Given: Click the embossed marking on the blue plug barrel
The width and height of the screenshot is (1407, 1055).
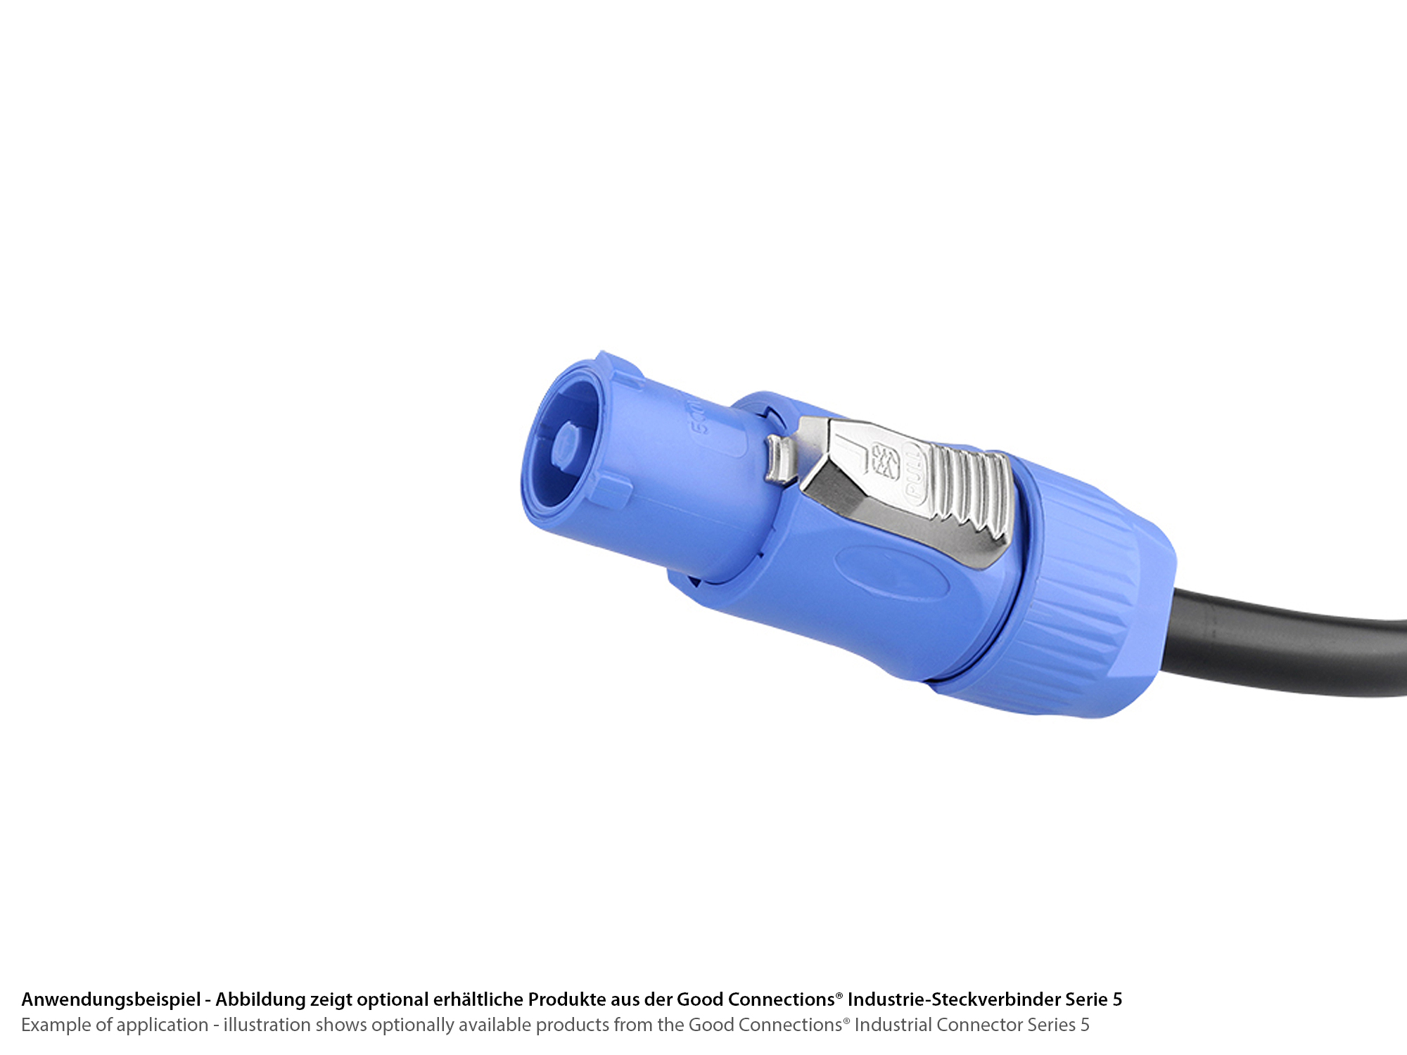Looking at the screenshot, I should [696, 418].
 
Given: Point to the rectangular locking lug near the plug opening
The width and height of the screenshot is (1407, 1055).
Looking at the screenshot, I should [611, 490].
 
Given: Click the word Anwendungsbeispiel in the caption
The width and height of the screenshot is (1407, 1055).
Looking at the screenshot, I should [110, 999].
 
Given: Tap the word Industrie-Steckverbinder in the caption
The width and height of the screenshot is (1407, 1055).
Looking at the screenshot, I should [954, 999].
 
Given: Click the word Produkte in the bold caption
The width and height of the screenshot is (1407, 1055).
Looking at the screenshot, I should [566, 999].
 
